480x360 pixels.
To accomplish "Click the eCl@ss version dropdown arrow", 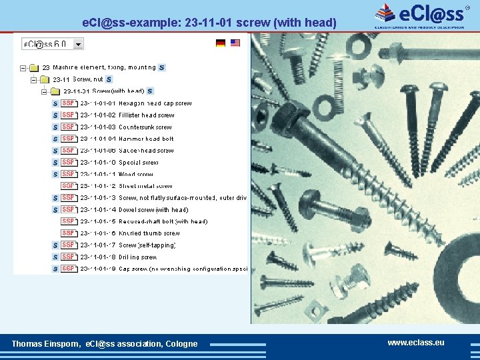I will (x=79, y=44).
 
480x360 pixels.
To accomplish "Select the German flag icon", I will (x=221, y=43).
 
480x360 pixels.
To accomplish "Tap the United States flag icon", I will (x=235, y=43).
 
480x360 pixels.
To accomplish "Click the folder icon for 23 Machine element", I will (x=35, y=67).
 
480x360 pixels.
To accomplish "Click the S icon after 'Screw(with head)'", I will (x=150, y=91).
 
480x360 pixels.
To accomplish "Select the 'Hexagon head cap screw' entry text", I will (x=155, y=103).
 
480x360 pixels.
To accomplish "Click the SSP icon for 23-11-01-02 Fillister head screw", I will (x=68, y=115).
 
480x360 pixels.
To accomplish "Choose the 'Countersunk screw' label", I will (x=145, y=127).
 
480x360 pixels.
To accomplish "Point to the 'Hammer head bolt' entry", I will (x=145, y=139).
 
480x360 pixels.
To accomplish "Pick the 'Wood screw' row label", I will (x=135, y=174).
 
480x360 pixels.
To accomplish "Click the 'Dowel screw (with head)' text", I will (x=153, y=209).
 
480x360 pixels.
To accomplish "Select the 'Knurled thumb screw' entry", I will (x=149, y=233).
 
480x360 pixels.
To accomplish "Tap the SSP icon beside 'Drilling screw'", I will (x=68, y=257).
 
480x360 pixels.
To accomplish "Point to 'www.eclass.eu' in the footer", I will (x=415, y=343).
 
